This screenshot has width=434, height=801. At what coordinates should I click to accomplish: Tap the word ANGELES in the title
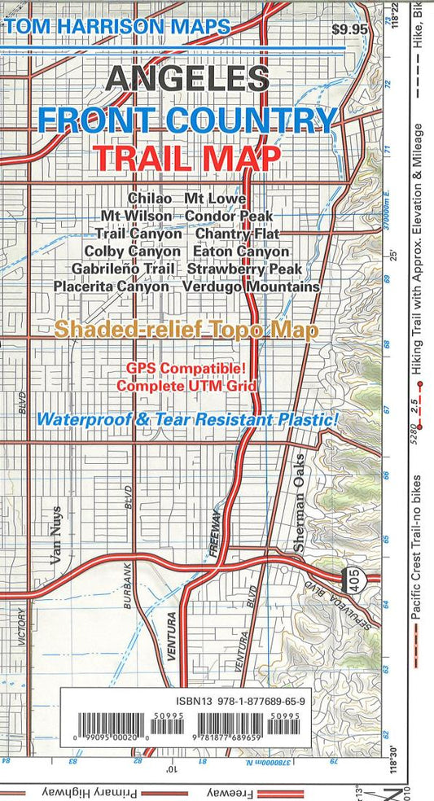pyautogui.click(x=187, y=78)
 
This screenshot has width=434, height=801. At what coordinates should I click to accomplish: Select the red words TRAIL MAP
pyautogui.click(x=187, y=157)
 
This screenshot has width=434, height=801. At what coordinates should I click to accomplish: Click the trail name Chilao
pyautogui.click(x=150, y=198)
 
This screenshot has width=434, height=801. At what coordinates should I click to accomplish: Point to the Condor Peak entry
pyautogui.click(x=229, y=216)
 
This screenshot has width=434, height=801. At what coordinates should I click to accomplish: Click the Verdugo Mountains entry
pyautogui.click(x=252, y=287)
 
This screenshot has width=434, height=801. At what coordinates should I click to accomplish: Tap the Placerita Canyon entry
pyautogui.click(x=112, y=287)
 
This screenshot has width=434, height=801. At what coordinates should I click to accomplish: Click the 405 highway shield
pyautogui.click(x=353, y=573)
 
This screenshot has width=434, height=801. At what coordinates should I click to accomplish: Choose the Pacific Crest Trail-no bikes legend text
pyautogui.click(x=417, y=554)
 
